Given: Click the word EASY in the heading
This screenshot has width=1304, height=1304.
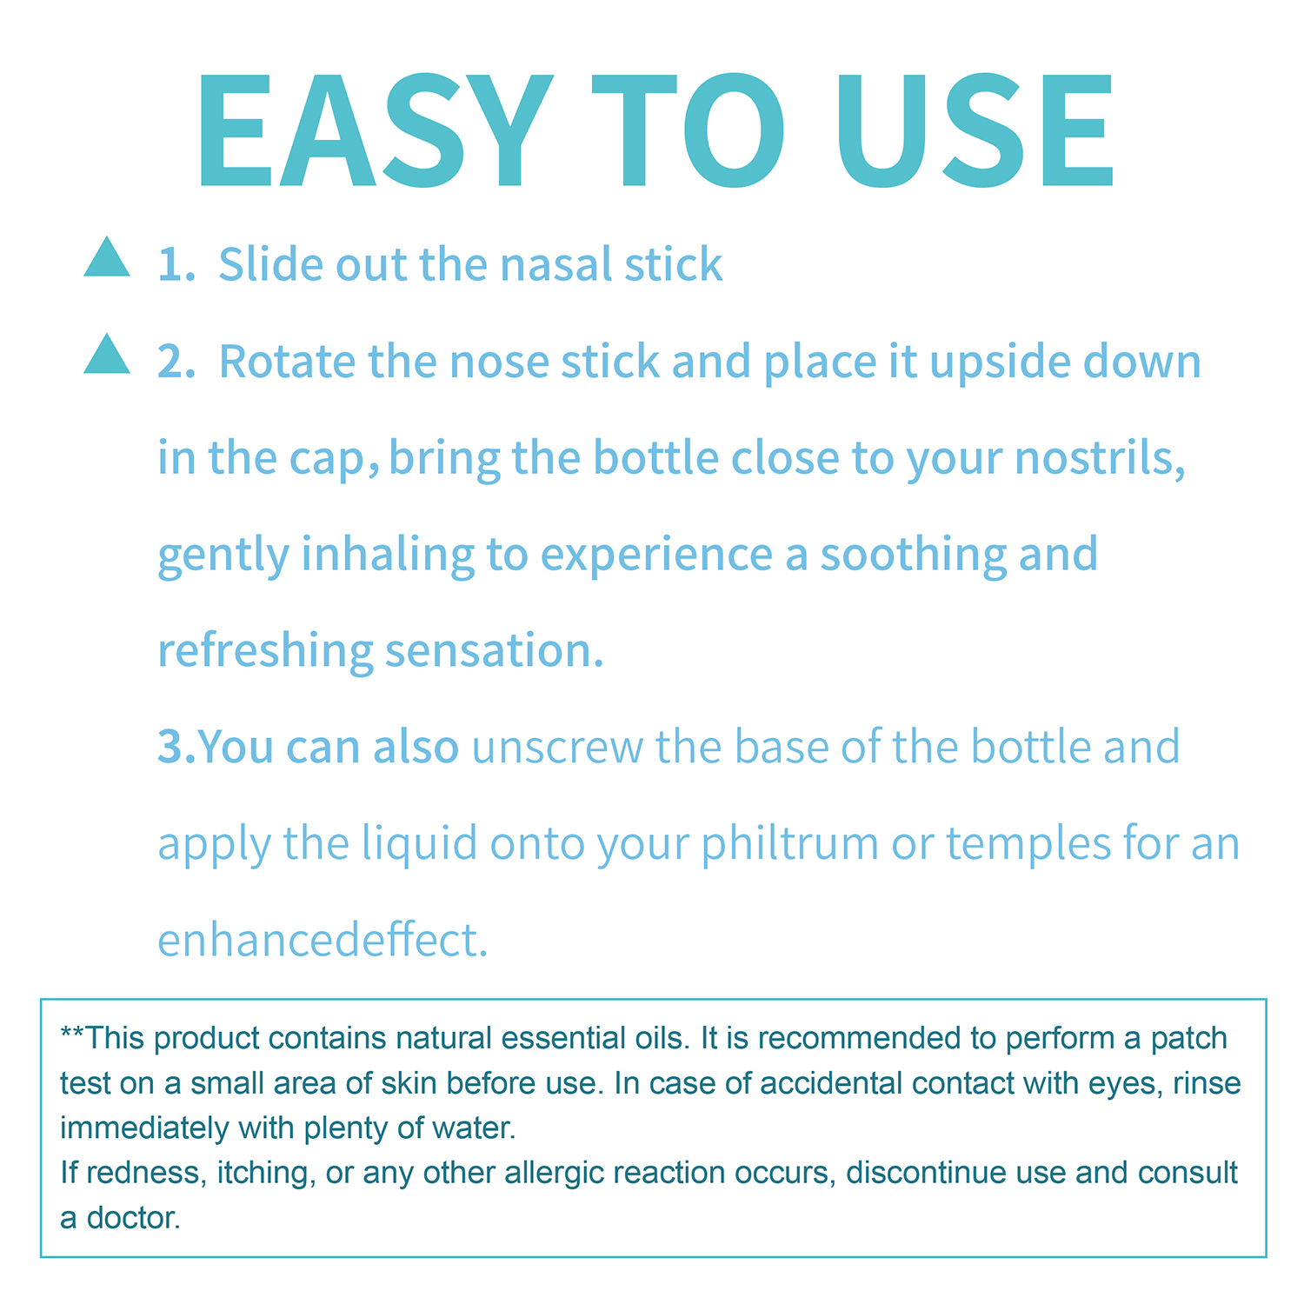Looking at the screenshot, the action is click(x=375, y=130).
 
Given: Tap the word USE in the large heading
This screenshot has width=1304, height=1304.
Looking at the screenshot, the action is click(x=975, y=130).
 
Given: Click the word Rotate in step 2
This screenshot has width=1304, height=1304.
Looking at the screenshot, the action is click(x=288, y=362).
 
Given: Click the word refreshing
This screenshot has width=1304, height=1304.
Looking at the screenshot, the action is click(x=265, y=653).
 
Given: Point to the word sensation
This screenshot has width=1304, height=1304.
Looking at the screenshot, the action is click(x=494, y=653).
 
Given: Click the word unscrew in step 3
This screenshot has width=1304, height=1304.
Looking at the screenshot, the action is click(x=557, y=748).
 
